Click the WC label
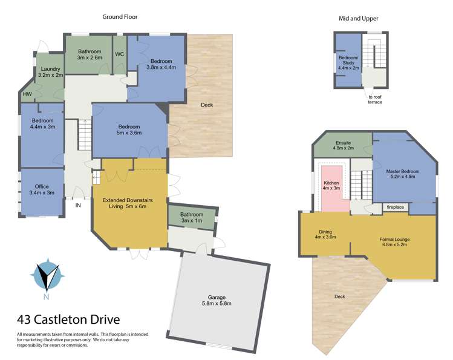click(119, 52)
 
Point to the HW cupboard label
click(27, 94)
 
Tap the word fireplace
click(396, 208)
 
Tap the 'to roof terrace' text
click(375, 99)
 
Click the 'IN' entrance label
click(78, 206)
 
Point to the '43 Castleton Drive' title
click(68, 319)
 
